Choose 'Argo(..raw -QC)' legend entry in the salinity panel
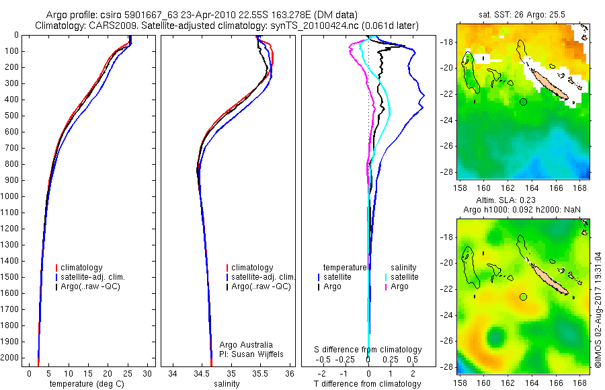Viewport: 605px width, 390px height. click(x=261, y=286)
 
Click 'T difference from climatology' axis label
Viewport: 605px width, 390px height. click(x=368, y=384)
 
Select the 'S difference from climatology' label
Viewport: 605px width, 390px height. click(x=368, y=350)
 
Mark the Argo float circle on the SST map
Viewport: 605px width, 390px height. click(x=523, y=102)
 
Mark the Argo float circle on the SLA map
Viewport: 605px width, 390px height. click(x=523, y=297)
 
